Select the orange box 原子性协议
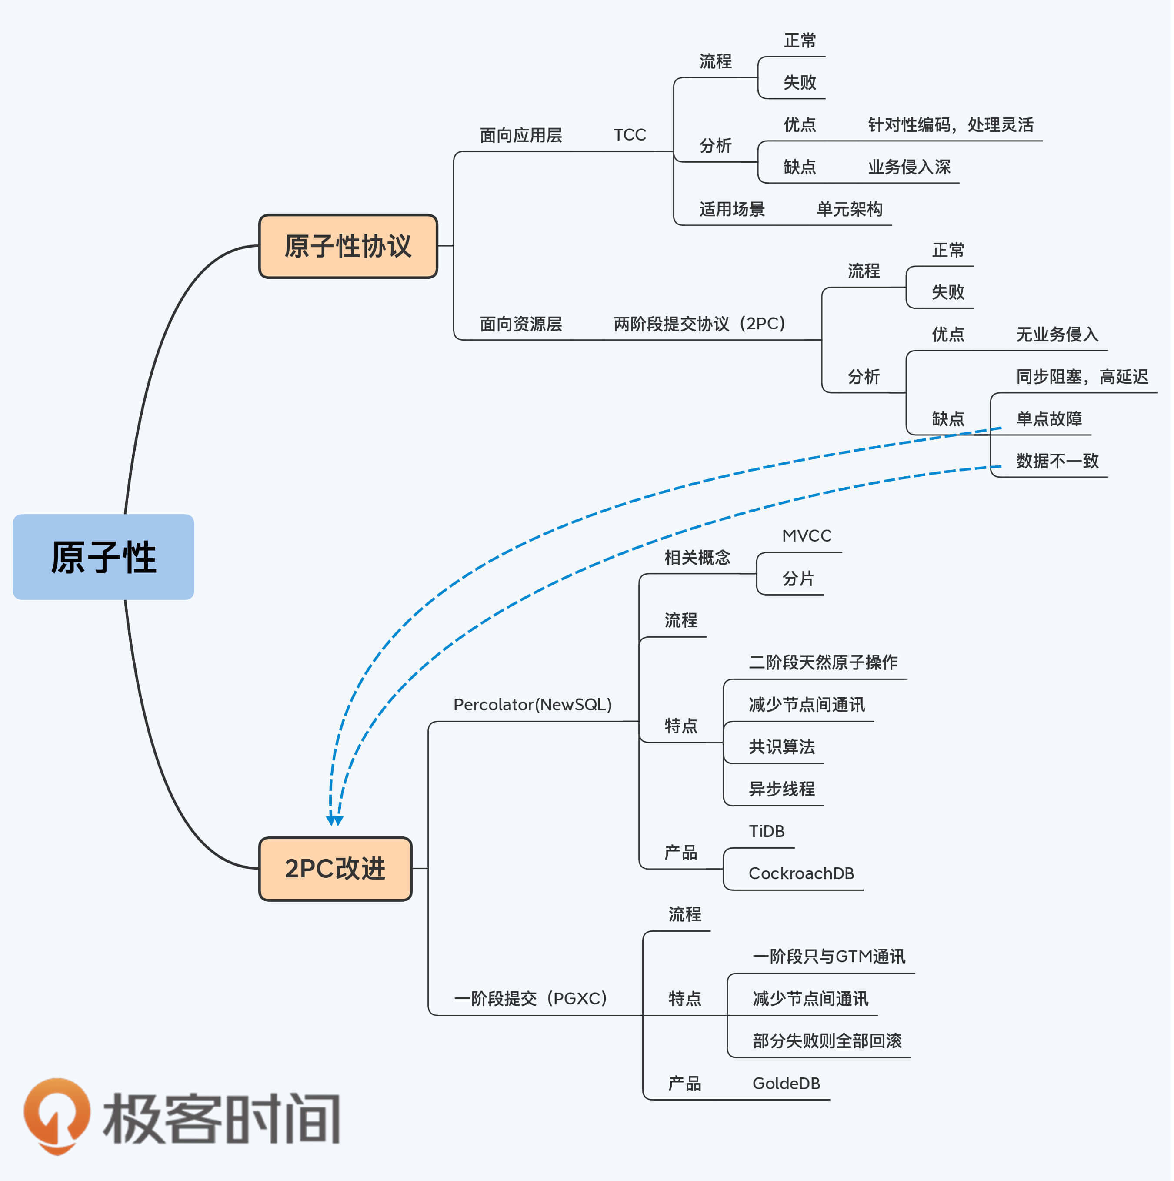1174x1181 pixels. [x=348, y=246]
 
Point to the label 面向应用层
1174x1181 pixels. [x=521, y=135]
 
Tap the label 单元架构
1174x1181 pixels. [x=850, y=210]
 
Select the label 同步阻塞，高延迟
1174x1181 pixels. [x=1082, y=377]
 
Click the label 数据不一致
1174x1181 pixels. [x=1058, y=461]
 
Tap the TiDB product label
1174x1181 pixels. [x=767, y=831]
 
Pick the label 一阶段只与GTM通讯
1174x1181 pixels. [x=829, y=957]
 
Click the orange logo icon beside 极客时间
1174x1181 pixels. [x=57, y=1116]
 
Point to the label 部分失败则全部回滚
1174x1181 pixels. [x=827, y=1041]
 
